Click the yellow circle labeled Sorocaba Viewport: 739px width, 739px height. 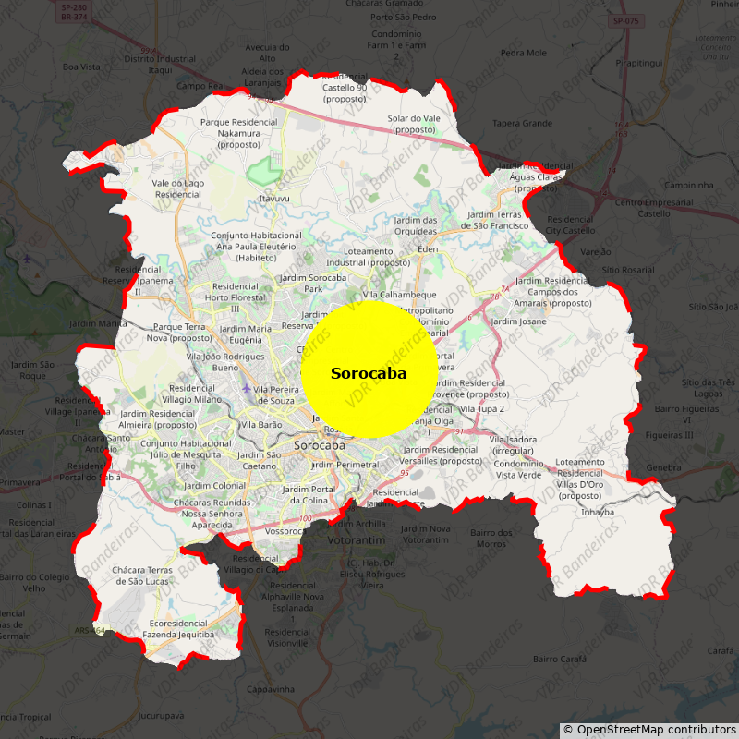pos(368,369)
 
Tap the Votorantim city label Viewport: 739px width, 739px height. pos(356,539)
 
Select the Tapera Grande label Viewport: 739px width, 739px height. pos(522,123)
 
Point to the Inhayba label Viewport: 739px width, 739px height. pos(598,512)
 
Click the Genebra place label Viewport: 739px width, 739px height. pos(663,467)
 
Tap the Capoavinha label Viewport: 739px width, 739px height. pos(271,689)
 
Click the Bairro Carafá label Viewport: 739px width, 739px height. pos(561,659)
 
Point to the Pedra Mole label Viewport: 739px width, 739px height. pos(524,53)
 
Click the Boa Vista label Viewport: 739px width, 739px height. pos(81,67)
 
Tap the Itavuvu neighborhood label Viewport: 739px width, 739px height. pos(274,198)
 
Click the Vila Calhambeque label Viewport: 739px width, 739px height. pos(399,295)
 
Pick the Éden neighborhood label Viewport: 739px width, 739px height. pos(428,249)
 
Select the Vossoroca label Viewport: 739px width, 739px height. pos(285,532)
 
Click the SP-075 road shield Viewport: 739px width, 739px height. pos(625,20)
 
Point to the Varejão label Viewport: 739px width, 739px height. pos(596,251)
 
